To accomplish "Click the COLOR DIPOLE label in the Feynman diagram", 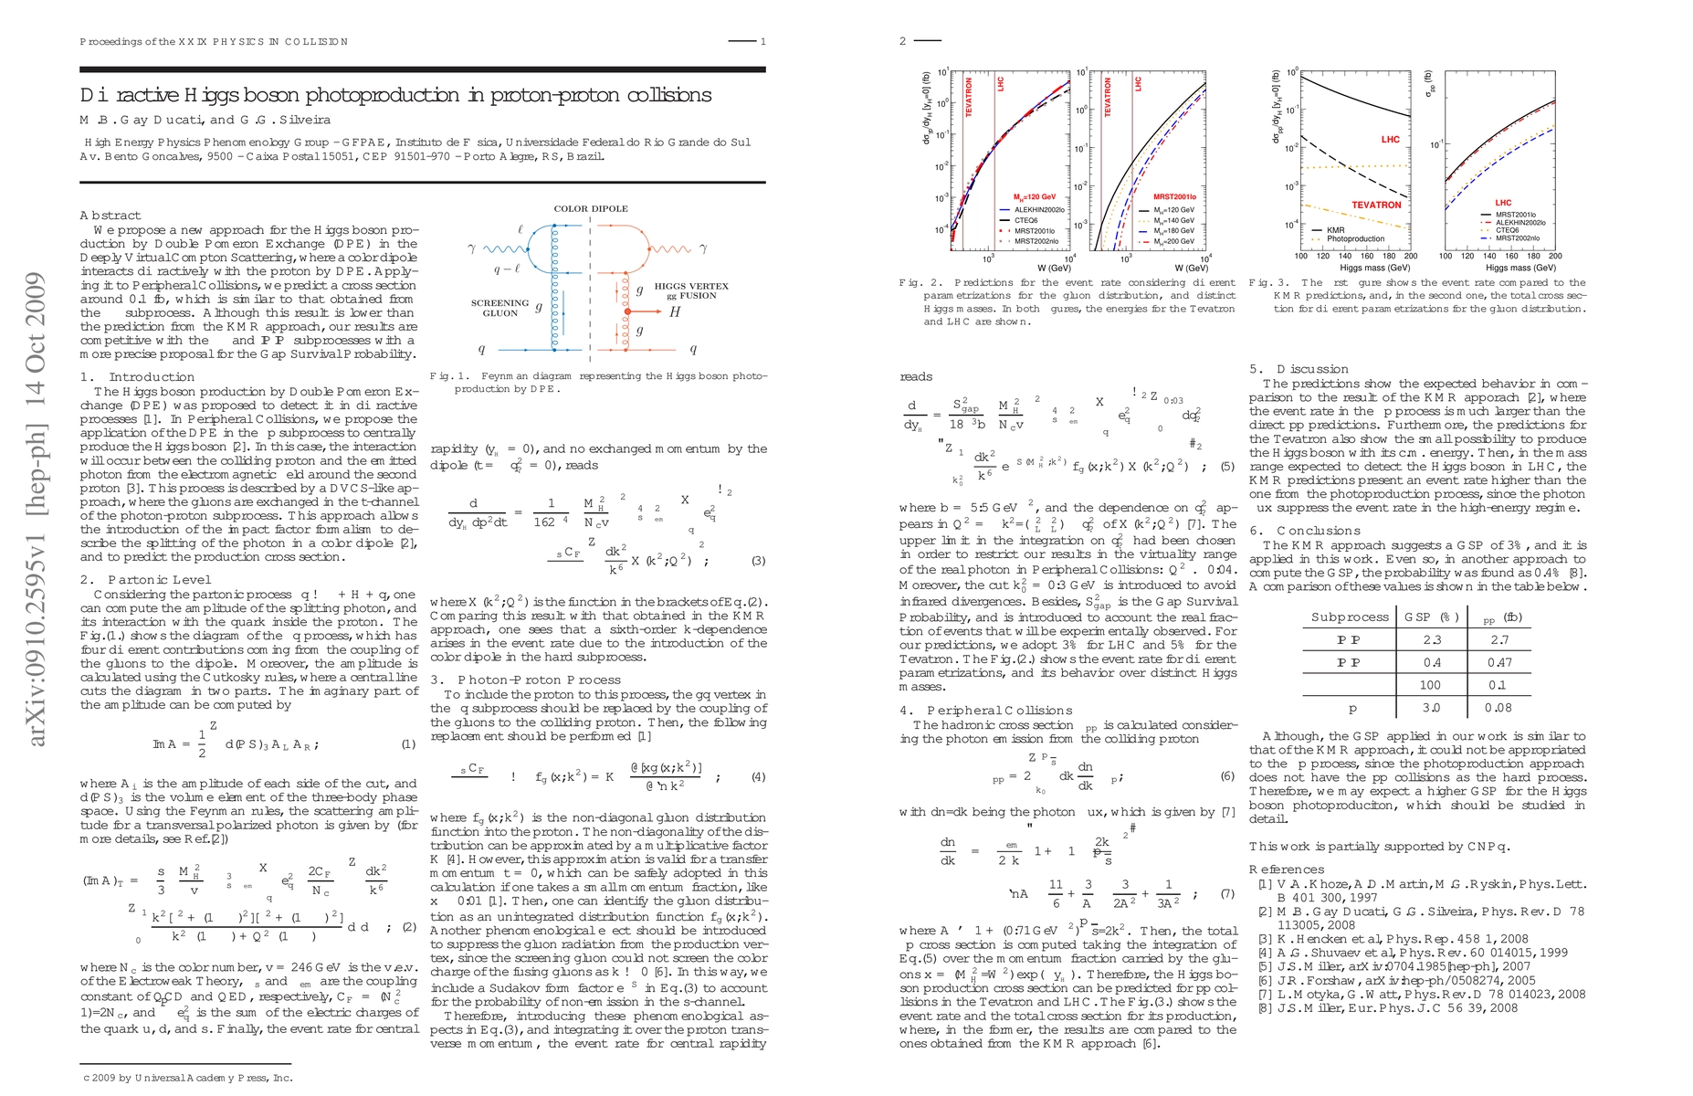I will point(591,208).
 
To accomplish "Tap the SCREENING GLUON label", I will point(499,308).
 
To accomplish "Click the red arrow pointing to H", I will point(647,312).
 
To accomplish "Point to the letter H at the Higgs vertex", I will point(675,312).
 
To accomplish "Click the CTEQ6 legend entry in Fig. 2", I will point(1025,220).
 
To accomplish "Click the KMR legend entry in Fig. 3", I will point(1335,230).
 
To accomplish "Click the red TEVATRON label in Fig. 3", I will point(1376,205).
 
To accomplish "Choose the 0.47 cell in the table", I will point(1498,662).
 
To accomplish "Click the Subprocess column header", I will point(1350,616).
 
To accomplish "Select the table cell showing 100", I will point(1430,685).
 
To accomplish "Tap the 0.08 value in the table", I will point(1498,708).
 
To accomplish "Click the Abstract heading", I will point(110,216).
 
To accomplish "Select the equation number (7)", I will point(1226,894).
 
